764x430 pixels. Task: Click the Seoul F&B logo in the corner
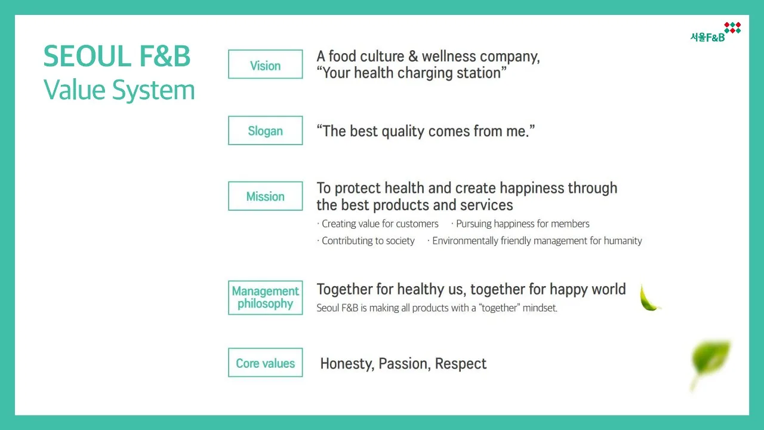point(715,32)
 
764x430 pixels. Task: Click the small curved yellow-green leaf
point(649,298)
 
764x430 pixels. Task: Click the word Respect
point(460,364)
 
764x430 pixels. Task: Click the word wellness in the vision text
point(448,56)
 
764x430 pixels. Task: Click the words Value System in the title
point(119,90)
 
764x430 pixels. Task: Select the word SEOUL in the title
point(87,56)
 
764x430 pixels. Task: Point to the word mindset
point(540,308)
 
